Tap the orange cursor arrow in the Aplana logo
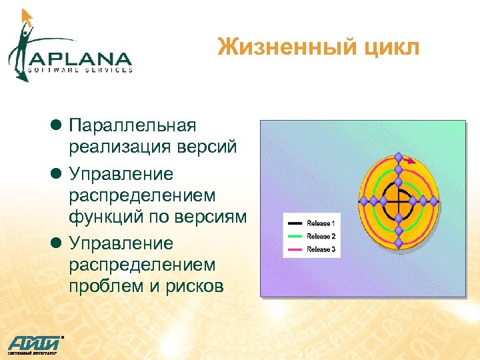pyautogui.click(x=27, y=17)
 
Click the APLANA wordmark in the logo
pyautogui.click(x=79, y=57)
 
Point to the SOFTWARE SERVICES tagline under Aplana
pyautogui.click(x=80, y=69)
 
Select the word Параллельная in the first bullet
pyautogui.click(x=133, y=125)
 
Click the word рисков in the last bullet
pyautogui.click(x=193, y=285)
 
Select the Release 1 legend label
pyautogui.click(x=321, y=223)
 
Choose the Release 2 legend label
pyautogui.click(x=321, y=236)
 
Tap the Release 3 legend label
pyautogui.click(x=321, y=249)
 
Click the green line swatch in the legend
pyautogui.click(x=293, y=236)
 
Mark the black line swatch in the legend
pyautogui.click(x=293, y=223)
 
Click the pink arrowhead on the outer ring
pyautogui.click(x=411, y=161)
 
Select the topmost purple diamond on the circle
pyautogui.click(x=398, y=157)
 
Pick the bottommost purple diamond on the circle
pyautogui.click(x=398, y=244)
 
